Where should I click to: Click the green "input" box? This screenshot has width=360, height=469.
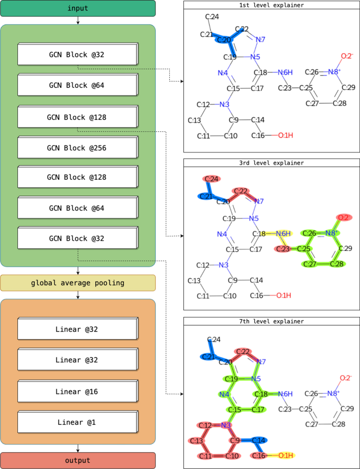78,8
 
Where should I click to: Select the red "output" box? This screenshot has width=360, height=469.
78,460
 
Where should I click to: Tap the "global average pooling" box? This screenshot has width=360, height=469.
78,283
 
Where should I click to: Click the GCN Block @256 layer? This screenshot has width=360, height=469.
77,148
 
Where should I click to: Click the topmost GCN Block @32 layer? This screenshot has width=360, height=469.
77,55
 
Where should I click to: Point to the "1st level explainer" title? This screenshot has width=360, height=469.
271,5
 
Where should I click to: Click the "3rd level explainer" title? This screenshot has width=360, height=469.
271,163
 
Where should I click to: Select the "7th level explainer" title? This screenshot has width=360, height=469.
271,321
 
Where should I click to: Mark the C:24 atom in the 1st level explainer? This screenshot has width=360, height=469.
212,17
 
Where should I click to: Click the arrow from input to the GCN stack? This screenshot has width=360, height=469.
78,21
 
